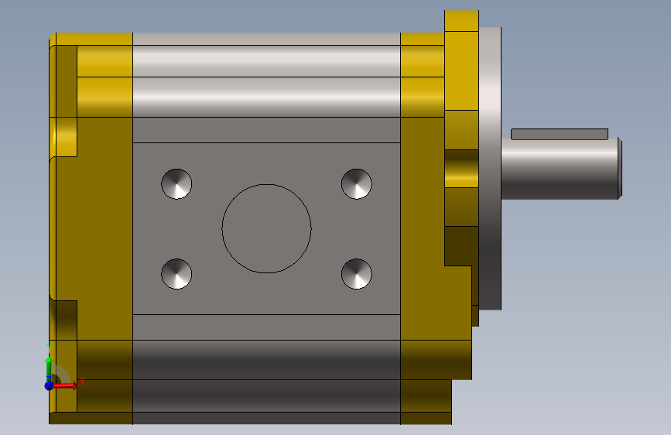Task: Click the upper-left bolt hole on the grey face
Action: tap(176, 183)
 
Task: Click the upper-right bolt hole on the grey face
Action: tap(357, 183)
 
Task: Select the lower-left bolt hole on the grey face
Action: tap(176, 273)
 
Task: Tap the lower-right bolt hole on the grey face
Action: tap(357, 273)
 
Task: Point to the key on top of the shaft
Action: tap(560, 134)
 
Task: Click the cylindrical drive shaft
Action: tap(560, 169)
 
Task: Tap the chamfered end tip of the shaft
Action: tap(620, 168)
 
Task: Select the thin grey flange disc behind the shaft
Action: tap(490, 168)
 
